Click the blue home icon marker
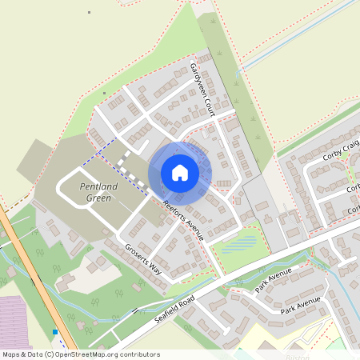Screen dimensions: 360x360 [x=180, y=173]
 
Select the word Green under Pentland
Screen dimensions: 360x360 [x=99, y=198]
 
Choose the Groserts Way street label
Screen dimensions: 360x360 [x=143, y=261]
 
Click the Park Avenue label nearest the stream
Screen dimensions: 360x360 [x=273, y=282]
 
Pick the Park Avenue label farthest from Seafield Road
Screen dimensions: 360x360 [x=300, y=305]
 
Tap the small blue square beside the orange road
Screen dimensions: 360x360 [x=54, y=331]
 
